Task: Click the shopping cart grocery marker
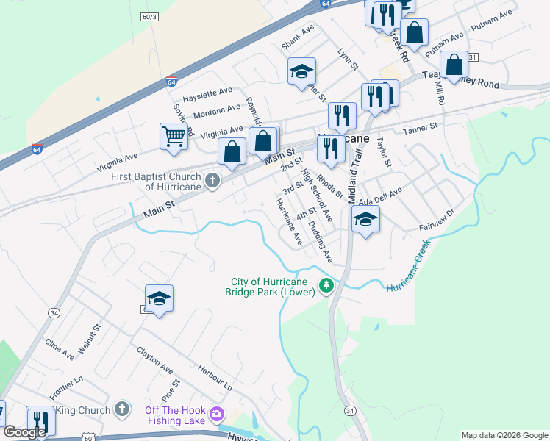[x=173, y=136]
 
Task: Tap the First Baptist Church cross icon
[x=213, y=181]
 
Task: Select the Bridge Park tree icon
[x=326, y=286]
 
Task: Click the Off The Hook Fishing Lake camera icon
[x=216, y=415]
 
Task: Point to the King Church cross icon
[x=123, y=409]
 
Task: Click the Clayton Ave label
[x=154, y=359]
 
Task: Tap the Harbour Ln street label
[x=214, y=376]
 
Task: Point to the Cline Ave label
[x=59, y=349]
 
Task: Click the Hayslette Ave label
[x=207, y=95]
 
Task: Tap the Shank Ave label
[x=298, y=37]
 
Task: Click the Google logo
[x=25, y=432]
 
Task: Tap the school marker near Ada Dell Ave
[x=365, y=219]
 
